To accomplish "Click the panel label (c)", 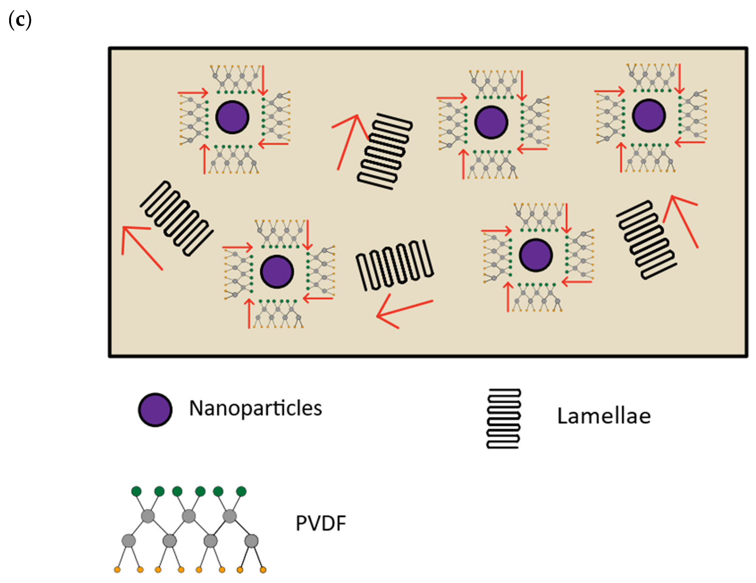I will [20, 20].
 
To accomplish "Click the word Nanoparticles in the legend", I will [255, 408].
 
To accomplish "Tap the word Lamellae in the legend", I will [604, 416].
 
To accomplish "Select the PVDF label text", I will [321, 523].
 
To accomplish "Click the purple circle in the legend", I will [155, 410].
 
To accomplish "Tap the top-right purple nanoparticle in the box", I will [649, 116].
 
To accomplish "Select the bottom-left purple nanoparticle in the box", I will [277, 272].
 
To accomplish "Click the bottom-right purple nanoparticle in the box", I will [536, 255].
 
